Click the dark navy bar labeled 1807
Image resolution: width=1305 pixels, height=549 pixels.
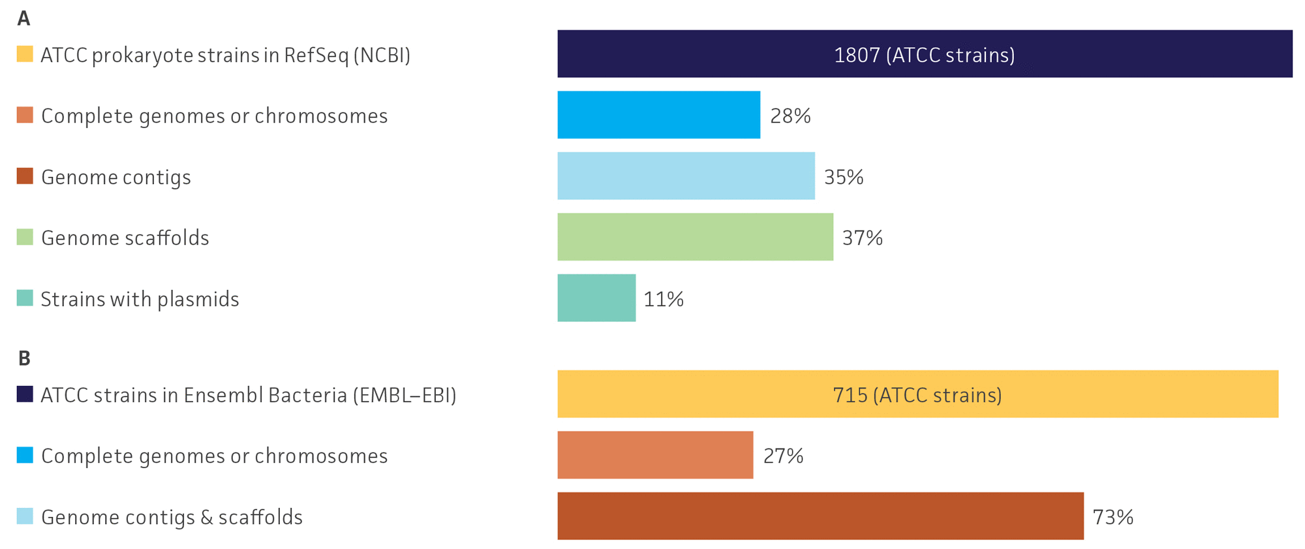[925, 54]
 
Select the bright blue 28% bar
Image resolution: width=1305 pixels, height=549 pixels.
[658, 115]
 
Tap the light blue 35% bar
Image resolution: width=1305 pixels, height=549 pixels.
[686, 176]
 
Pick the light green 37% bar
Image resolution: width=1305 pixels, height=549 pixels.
[695, 237]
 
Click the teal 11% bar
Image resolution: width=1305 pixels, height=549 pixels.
[596, 298]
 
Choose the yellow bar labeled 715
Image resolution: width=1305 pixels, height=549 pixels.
[917, 394]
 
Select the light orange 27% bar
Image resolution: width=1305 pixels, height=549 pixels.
[655, 455]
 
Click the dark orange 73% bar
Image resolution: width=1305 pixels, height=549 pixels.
[820, 516]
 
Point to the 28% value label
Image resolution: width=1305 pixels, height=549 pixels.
[790, 116]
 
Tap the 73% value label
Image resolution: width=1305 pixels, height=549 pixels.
[1113, 517]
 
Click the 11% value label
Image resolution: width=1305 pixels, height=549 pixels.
[664, 299]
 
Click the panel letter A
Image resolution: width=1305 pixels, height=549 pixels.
[23, 18]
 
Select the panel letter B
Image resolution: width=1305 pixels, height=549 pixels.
[24, 358]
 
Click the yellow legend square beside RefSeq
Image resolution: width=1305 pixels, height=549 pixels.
[25, 54]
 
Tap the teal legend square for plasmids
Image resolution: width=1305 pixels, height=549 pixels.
[25, 298]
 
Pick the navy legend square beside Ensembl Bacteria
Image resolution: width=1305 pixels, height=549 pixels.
[25, 394]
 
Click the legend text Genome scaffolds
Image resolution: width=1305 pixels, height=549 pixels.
[125, 238]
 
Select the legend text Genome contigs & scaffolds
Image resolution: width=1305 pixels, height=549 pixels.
[172, 517]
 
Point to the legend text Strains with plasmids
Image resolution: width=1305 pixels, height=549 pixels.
[140, 299]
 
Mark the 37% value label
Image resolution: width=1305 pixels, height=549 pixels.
[862, 238]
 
